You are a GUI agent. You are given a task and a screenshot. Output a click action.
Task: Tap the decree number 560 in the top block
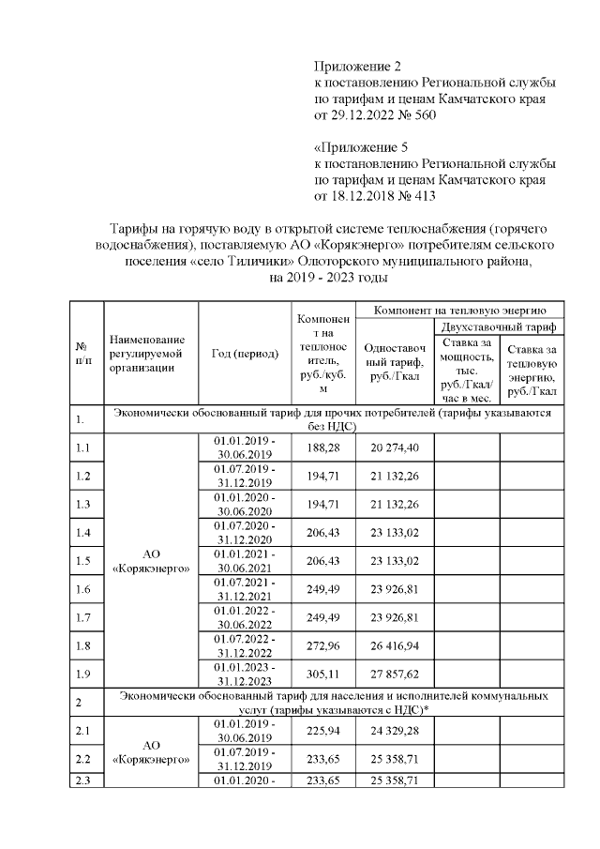tap(422, 114)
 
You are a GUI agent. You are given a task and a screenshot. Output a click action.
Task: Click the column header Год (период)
tap(246, 354)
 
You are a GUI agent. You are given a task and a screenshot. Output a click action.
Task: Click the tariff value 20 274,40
tap(395, 447)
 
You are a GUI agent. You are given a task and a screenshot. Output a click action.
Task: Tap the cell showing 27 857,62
tap(395, 675)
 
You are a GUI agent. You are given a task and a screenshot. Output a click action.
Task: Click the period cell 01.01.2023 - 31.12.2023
tap(246, 675)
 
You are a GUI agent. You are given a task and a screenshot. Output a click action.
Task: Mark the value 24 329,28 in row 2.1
tap(395, 730)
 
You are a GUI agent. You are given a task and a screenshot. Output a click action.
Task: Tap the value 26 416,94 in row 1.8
tap(395, 646)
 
